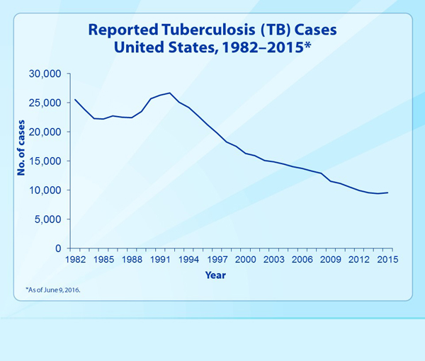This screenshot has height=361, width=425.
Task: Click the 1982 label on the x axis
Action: point(74,260)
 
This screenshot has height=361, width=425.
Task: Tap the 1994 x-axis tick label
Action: point(188,260)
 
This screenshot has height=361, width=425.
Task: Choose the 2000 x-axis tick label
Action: point(245,260)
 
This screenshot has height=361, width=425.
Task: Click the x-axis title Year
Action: point(215,275)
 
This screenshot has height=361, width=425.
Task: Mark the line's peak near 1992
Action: point(169,93)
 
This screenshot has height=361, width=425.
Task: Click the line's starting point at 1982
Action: point(74,99)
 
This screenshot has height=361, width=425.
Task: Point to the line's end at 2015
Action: point(387,193)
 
